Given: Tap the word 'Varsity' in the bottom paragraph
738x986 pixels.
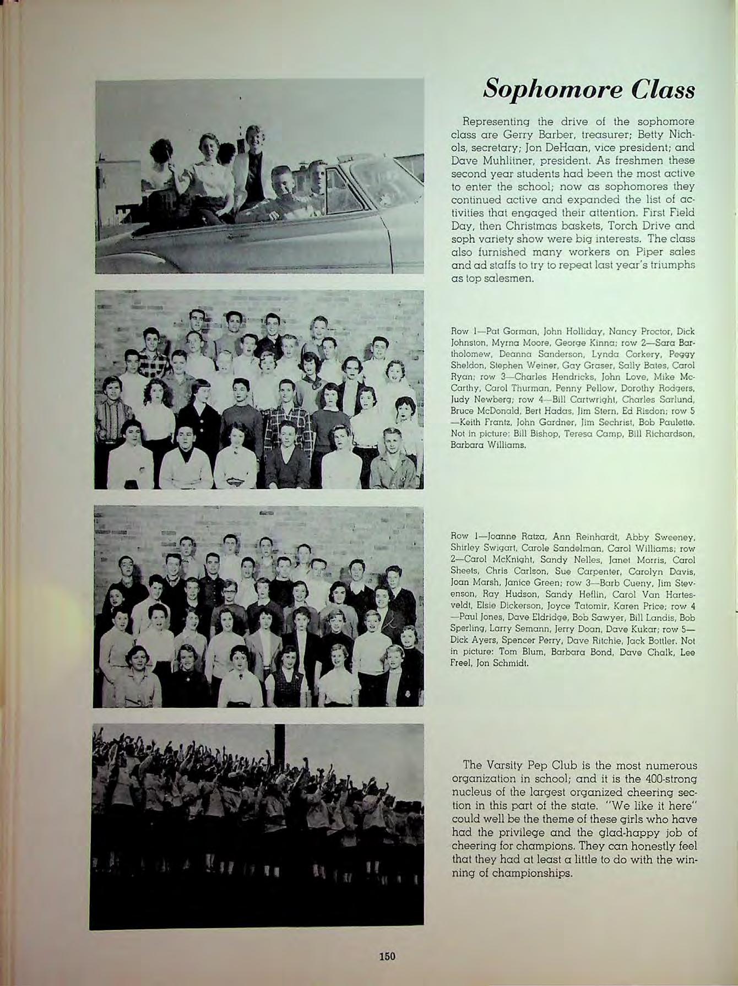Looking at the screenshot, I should coord(508,766).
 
